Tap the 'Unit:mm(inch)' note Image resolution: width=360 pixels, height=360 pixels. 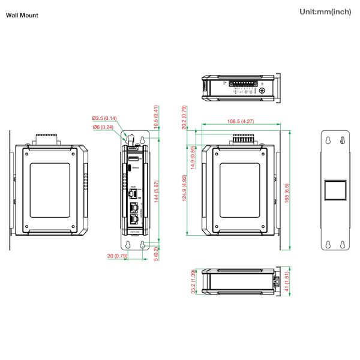[325, 12]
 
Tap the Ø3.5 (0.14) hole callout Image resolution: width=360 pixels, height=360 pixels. [104, 118]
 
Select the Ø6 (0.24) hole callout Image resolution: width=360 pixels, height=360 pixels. [103, 127]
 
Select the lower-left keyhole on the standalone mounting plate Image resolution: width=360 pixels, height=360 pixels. [328, 244]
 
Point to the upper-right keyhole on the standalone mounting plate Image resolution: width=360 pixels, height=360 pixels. [343, 140]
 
